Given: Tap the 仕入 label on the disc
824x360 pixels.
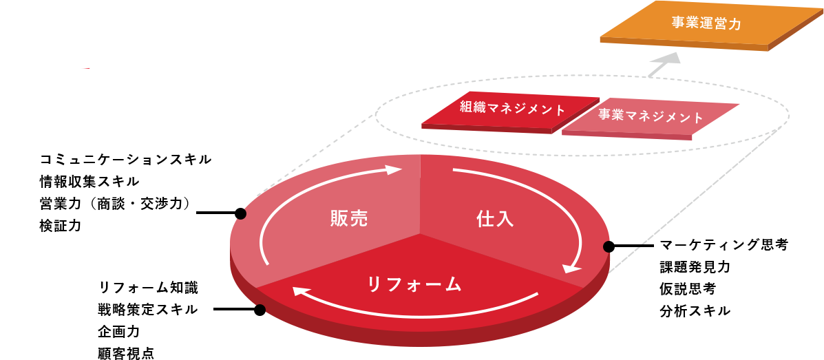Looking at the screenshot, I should coord(495,219).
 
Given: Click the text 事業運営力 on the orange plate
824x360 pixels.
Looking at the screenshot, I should coord(706,23).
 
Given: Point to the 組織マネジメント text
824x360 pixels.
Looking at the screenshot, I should coord(512,109).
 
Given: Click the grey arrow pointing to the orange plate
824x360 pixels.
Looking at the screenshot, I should coord(664,65).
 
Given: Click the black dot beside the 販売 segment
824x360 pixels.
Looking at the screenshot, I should coord(241,214).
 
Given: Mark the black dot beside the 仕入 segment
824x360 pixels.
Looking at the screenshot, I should coord(607,247).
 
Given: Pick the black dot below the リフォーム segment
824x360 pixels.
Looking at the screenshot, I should coord(260,308).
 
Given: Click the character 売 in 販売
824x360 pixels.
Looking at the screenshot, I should coord(359,219).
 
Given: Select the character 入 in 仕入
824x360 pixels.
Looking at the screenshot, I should coord(505,219).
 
